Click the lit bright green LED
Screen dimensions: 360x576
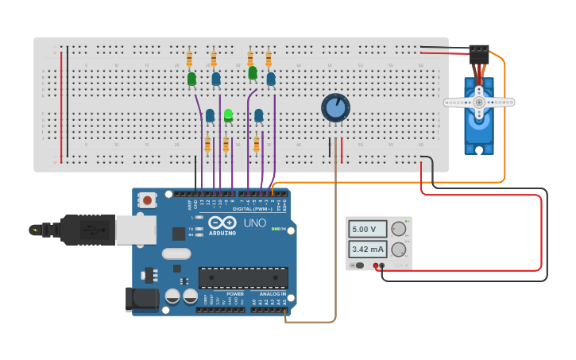[x=229, y=115]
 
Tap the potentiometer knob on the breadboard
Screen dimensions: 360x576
[x=335, y=107]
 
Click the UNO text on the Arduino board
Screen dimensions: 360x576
[x=254, y=223]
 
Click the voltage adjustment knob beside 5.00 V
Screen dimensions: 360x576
[x=399, y=229]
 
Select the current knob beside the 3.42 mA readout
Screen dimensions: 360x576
[x=399, y=250]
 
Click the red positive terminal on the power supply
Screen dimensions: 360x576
[x=382, y=265]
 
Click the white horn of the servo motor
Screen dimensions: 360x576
[x=479, y=102]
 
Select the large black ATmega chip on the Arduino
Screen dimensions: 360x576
[x=243, y=277]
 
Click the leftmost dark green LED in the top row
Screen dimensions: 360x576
[x=191, y=79]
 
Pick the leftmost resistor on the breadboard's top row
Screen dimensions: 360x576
[x=189, y=60]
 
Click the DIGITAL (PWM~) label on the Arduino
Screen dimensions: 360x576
[x=253, y=208]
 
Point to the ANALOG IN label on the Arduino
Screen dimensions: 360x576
[x=273, y=294]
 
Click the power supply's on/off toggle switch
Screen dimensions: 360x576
[x=359, y=265]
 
